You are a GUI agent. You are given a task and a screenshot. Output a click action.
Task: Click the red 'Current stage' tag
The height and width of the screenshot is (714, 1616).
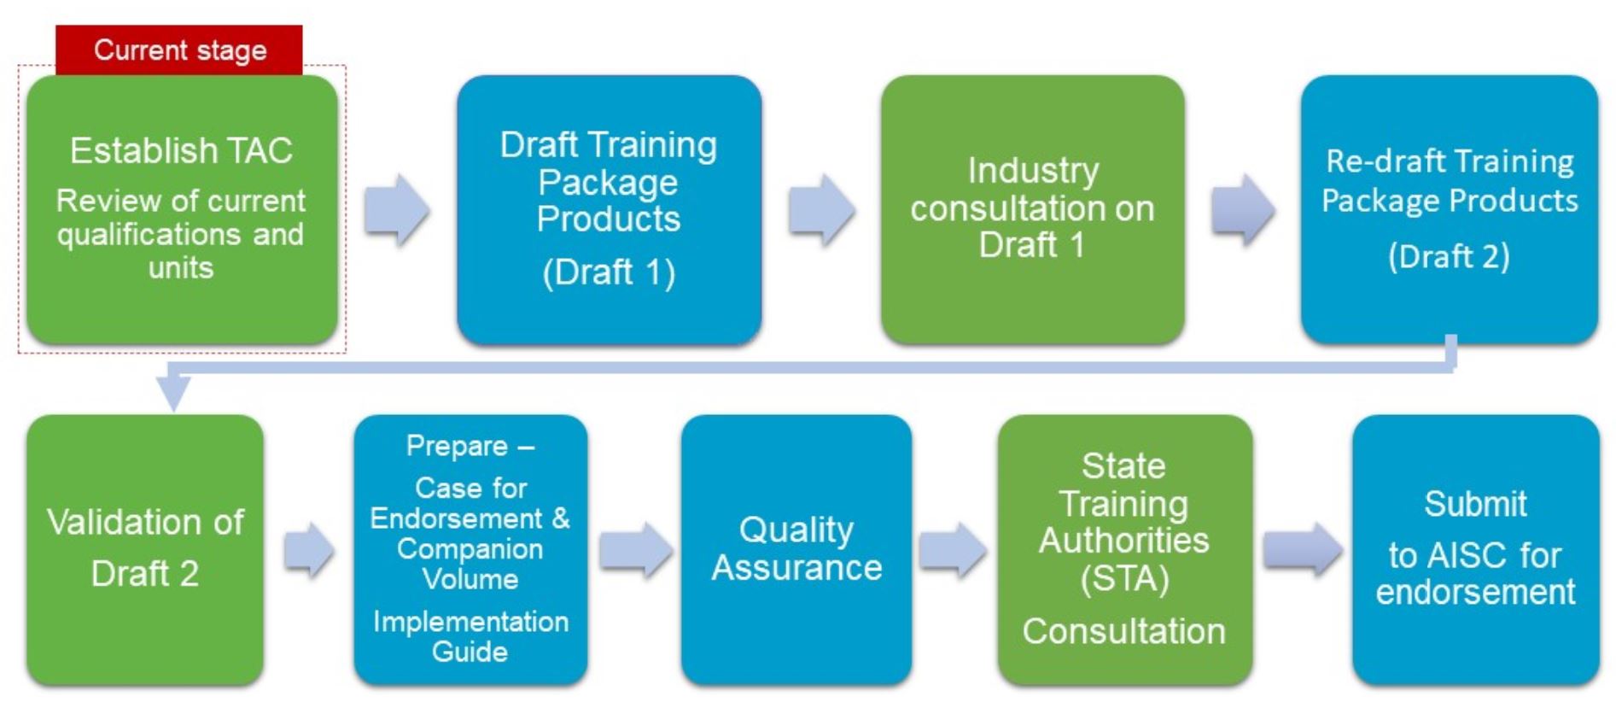pyautogui.click(x=179, y=50)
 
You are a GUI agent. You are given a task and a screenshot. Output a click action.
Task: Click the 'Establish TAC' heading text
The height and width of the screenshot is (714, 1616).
pyautogui.click(x=181, y=151)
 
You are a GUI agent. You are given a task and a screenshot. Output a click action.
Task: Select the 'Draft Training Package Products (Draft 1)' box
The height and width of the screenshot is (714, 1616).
pyautogui.click(x=609, y=210)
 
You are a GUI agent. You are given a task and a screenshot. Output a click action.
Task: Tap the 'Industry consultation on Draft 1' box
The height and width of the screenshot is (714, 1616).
pyautogui.click(x=1032, y=210)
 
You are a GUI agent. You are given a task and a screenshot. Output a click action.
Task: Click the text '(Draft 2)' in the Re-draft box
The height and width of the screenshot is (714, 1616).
pyautogui.click(x=1449, y=255)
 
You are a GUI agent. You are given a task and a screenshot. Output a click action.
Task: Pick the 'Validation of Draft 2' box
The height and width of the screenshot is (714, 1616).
pyautogui.click(x=145, y=549)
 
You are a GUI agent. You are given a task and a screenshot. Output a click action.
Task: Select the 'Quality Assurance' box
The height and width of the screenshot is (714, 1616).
pyautogui.click(x=796, y=549)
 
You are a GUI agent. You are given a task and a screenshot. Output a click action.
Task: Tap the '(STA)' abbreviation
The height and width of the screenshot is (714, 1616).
pyautogui.click(x=1124, y=579)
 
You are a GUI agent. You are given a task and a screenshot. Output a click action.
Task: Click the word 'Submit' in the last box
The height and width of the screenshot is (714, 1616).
pyautogui.click(x=1475, y=504)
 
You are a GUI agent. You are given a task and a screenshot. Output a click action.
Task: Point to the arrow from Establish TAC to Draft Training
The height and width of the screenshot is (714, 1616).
pyautogui.click(x=397, y=210)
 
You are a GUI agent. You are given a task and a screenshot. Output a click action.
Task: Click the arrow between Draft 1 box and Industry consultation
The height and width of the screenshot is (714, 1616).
pyautogui.click(x=821, y=210)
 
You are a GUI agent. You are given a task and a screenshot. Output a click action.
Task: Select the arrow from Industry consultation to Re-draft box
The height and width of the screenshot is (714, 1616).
pyautogui.click(x=1243, y=210)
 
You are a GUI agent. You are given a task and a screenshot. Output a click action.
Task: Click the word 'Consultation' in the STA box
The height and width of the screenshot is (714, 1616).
pyautogui.click(x=1124, y=631)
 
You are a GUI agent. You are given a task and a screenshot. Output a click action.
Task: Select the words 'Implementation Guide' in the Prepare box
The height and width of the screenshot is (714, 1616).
pyautogui.click(x=470, y=636)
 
